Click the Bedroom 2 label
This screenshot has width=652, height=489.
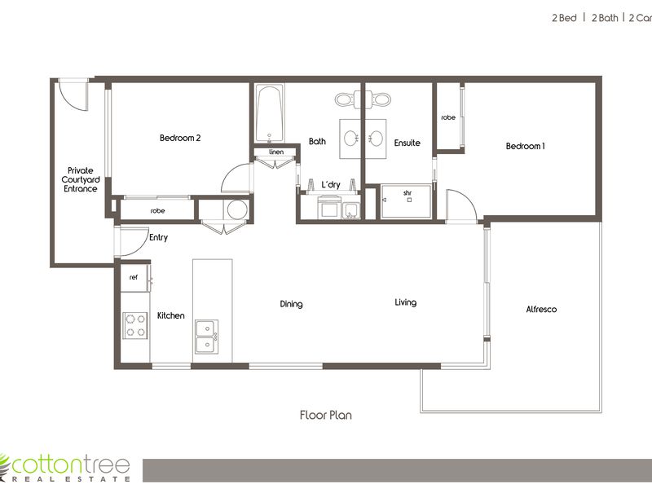(180, 138)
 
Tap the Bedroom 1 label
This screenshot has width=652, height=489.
(525, 146)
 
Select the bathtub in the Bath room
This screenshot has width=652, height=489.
(270, 114)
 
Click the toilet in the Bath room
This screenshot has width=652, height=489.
(345, 99)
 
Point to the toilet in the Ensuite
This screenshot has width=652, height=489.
(378, 99)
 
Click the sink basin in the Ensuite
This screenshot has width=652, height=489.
(376, 139)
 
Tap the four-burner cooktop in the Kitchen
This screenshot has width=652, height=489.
(135, 325)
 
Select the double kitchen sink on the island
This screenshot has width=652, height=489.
(207, 337)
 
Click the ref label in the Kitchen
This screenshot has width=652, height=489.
(134, 277)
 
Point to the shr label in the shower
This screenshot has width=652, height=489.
(407, 193)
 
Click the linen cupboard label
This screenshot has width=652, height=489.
(276, 152)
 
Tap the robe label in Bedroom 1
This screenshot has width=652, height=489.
(448, 117)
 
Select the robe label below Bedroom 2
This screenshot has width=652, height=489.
(157, 211)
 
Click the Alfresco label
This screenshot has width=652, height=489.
(541, 309)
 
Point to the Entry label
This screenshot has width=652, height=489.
(158, 237)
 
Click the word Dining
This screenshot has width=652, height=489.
(291, 304)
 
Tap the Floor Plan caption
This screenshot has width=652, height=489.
(325, 415)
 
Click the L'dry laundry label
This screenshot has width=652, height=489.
(331, 185)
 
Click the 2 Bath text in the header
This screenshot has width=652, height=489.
(605, 18)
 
